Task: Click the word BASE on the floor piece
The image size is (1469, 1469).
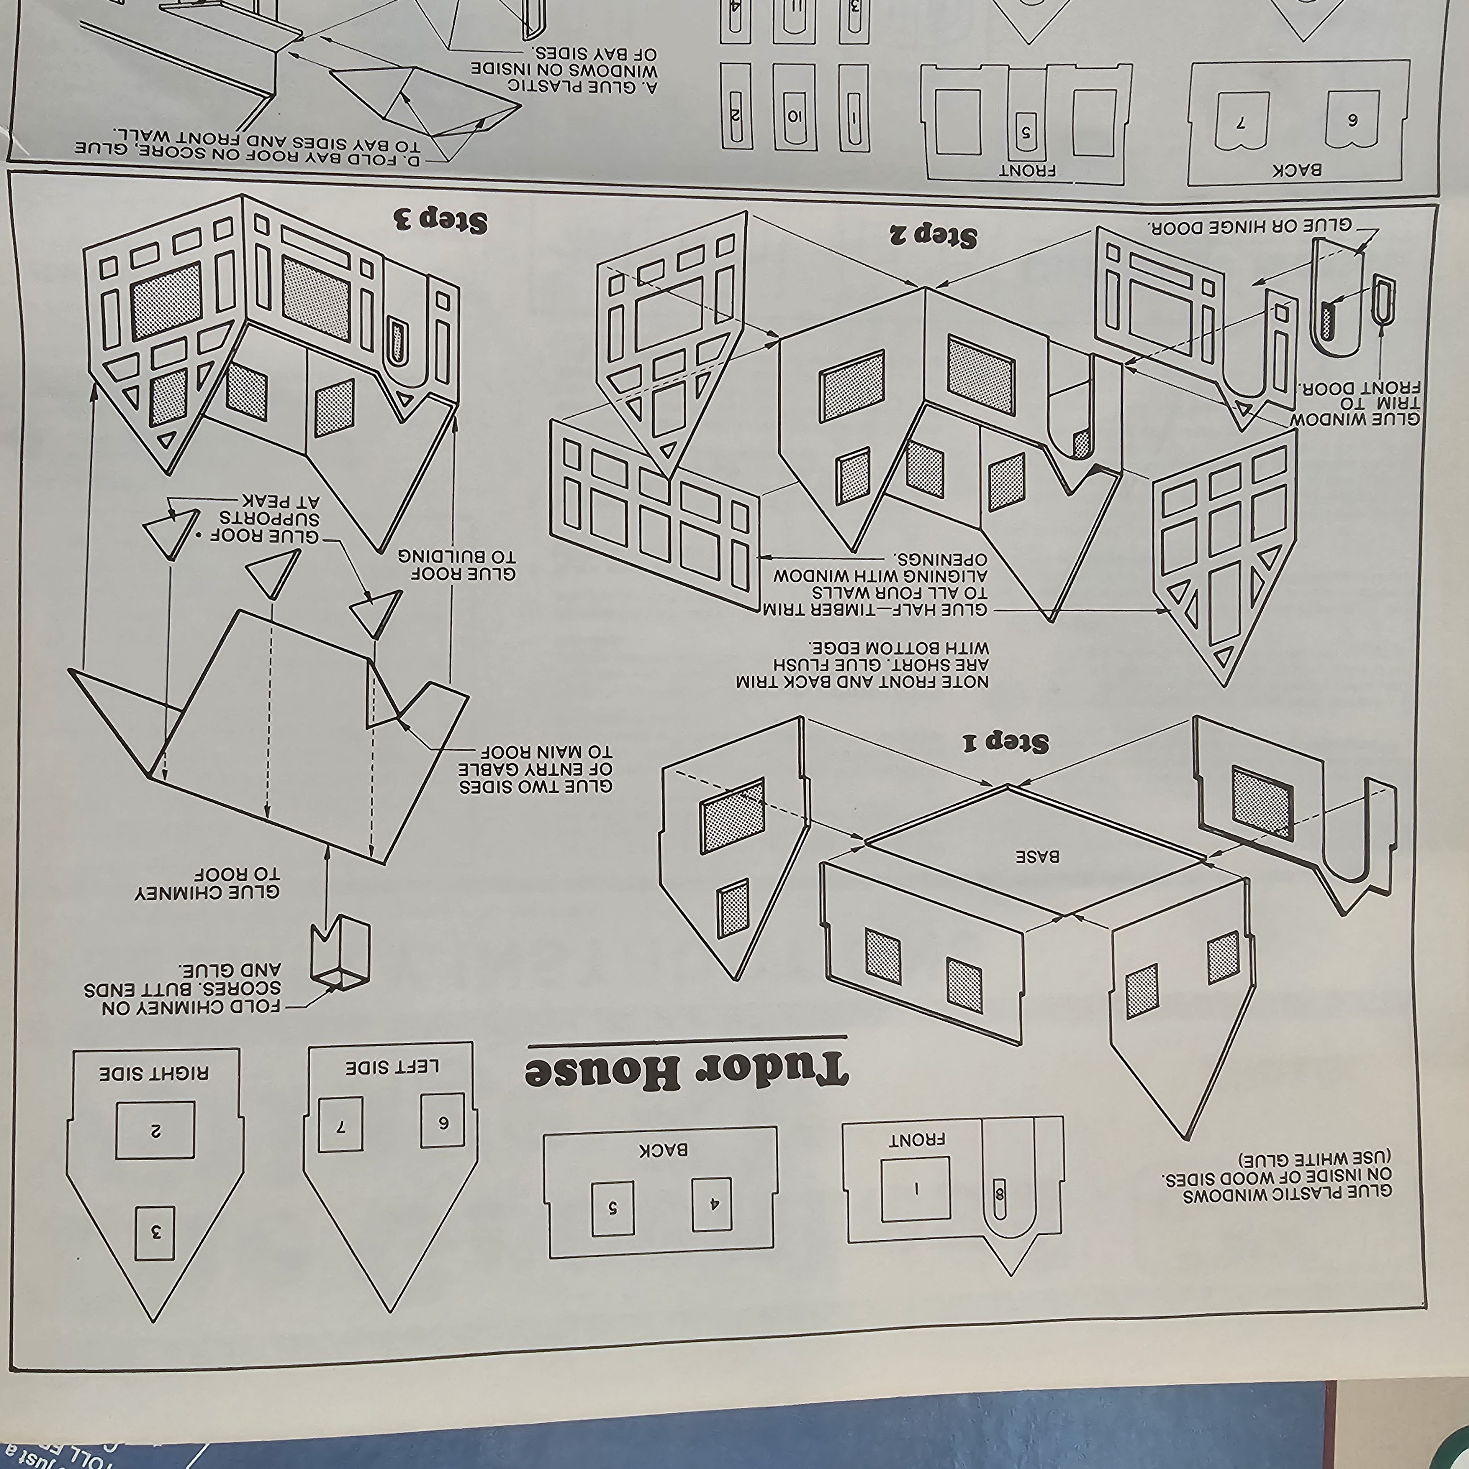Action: (1038, 856)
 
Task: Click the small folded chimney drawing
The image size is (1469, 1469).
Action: (340, 955)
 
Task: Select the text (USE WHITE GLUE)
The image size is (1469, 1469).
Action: (1315, 1160)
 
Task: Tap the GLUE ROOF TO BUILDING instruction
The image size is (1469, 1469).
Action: (456, 564)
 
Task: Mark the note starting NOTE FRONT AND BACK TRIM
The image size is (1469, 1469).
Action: (862, 664)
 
